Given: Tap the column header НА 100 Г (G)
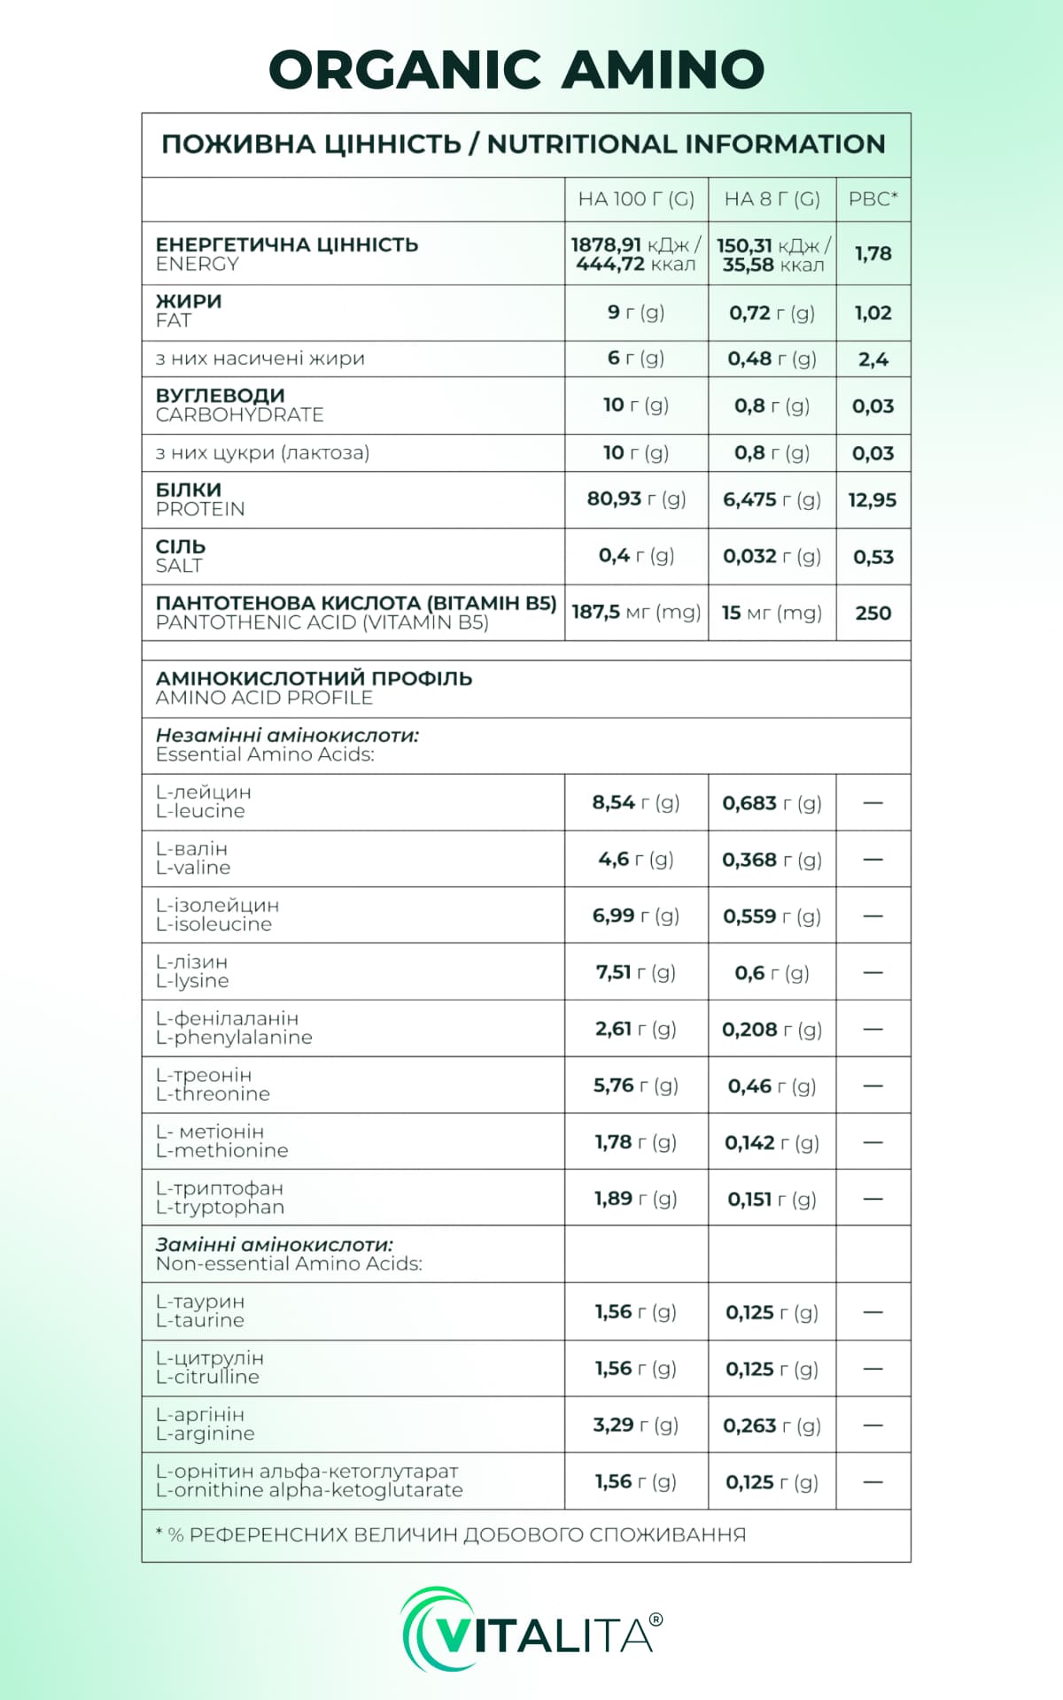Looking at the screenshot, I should tap(636, 199).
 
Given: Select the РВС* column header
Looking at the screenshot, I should tap(873, 199).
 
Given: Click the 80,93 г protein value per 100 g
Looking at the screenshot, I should tap(636, 499).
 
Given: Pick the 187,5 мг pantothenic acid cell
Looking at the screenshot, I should tap(636, 613).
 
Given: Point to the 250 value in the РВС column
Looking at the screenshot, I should tap(873, 613).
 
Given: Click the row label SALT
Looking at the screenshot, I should tap(180, 566).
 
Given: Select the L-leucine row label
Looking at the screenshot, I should tap(200, 811).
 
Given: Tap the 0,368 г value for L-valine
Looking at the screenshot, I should tap(772, 860).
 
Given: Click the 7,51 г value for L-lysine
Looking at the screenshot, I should tap(636, 973).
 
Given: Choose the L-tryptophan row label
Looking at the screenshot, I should tap(220, 1208).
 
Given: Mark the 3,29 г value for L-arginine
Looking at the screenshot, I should tap(636, 1426).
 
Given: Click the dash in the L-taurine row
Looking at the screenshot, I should tap(873, 1312).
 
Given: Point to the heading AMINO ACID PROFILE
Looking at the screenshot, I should tap(264, 698).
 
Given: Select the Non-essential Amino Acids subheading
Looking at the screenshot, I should tap(289, 1263).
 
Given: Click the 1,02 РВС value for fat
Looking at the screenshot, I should tap(873, 313).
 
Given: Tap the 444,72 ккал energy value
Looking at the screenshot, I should tap(636, 265).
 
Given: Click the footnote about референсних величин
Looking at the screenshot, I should tap(451, 1535).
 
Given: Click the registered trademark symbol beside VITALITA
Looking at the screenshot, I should tap(656, 1619).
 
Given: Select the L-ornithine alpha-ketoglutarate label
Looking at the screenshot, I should tap(309, 1490).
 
